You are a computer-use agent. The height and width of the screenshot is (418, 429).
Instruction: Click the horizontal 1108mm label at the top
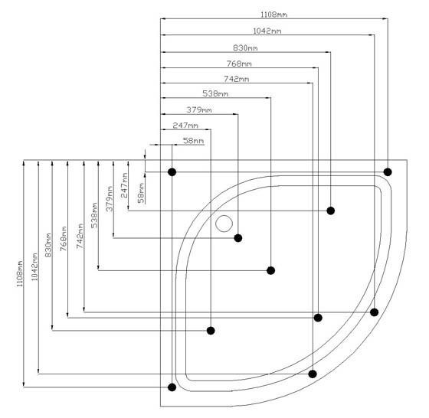point(273,15)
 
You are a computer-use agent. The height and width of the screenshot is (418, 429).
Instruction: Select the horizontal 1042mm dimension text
point(267,31)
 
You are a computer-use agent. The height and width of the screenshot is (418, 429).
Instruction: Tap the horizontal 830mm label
point(245,47)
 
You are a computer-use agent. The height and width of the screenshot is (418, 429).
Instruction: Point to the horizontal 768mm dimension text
point(239,64)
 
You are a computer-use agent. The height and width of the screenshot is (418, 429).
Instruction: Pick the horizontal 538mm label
point(215,93)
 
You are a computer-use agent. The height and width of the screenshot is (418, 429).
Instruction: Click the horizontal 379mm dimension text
point(199,110)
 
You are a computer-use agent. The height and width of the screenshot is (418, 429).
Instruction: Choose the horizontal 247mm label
point(185,126)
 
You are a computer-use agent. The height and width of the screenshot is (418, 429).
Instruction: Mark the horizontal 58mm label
point(193,141)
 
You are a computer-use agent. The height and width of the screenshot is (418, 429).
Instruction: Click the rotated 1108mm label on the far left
point(20,273)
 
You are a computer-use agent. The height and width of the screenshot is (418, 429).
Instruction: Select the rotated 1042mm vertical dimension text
point(34,267)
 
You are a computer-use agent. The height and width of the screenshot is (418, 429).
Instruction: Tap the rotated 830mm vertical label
point(48,245)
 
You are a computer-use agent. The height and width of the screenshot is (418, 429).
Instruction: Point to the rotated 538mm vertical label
point(94,215)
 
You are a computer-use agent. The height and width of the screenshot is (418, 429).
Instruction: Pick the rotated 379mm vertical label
point(110,199)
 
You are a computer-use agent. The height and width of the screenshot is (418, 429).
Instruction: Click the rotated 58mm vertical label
point(141,193)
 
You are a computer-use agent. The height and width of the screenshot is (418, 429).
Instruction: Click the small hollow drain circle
point(224,224)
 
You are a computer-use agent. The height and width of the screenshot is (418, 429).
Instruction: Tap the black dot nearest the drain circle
point(238,238)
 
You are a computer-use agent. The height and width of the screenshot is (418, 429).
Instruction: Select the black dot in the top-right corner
point(388,172)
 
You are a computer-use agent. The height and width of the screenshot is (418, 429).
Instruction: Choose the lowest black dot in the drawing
point(172,387)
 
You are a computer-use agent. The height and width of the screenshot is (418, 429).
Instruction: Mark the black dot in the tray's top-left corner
point(172,172)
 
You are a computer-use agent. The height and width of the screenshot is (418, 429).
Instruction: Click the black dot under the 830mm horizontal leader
point(330,211)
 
